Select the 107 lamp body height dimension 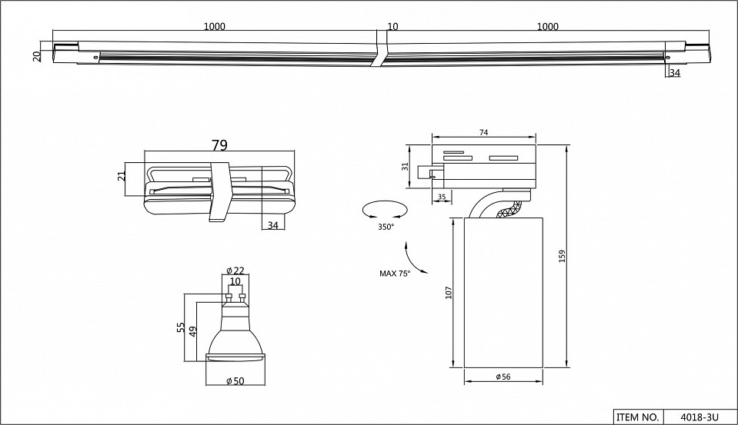(x=449, y=293)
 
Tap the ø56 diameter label (x=504, y=377)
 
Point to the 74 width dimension (x=484, y=133)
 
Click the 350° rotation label (x=386, y=227)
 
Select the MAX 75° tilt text (x=395, y=273)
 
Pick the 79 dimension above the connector (x=219, y=144)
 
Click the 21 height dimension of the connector (x=121, y=176)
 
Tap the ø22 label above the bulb (x=235, y=271)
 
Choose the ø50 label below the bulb (x=235, y=382)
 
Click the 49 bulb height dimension (x=192, y=330)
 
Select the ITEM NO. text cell (x=637, y=417)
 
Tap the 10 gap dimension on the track (x=392, y=27)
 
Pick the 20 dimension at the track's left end (x=37, y=55)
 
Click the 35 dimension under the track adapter (x=442, y=197)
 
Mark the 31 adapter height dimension (x=405, y=166)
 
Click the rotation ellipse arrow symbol (x=385, y=209)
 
